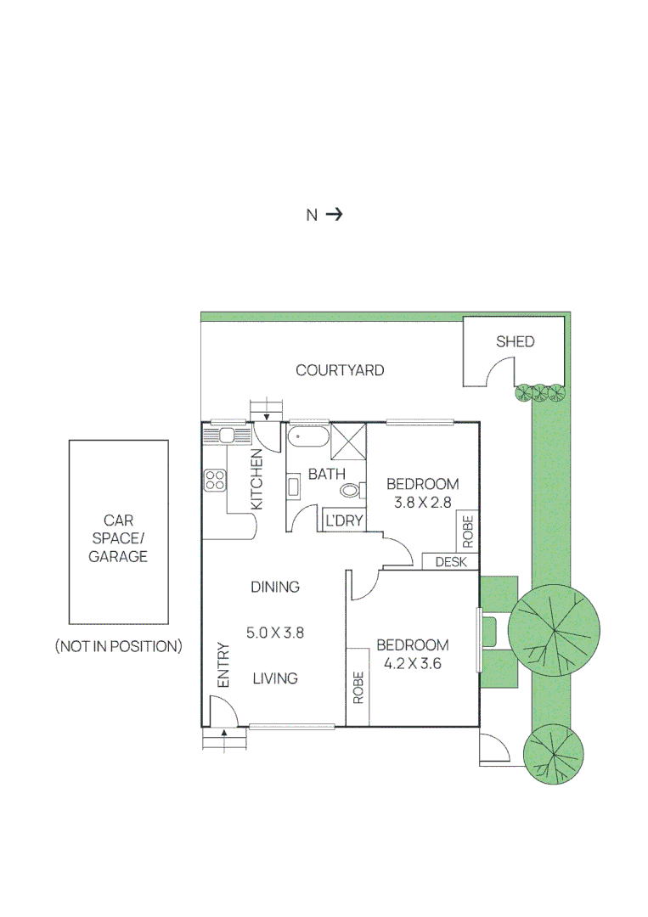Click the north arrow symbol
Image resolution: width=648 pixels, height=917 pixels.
pos(334,215)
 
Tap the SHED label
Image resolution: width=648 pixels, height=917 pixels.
pos(515,341)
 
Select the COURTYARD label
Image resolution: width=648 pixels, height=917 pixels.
pos(340,370)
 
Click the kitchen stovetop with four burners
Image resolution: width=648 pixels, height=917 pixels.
pos(216,480)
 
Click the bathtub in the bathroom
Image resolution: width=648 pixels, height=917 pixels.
pos(307,438)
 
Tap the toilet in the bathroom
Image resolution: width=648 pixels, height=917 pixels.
pos(350,490)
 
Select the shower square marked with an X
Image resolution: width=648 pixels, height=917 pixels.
pos(347,442)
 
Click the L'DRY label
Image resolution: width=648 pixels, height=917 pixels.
pos(343,520)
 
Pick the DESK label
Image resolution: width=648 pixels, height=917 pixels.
pos(450,561)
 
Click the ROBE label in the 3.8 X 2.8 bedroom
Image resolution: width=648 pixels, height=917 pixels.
pos(467,531)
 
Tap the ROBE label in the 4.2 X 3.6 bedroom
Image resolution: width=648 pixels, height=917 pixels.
pos(358,688)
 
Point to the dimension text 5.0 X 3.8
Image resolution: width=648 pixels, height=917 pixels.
pos(274,632)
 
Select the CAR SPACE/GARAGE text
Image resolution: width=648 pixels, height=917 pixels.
pos(118,538)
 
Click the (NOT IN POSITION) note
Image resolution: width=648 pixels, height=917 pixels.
pos(118,646)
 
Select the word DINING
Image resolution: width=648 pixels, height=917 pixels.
pos(274,587)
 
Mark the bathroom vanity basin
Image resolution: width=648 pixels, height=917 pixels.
pos(293,487)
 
